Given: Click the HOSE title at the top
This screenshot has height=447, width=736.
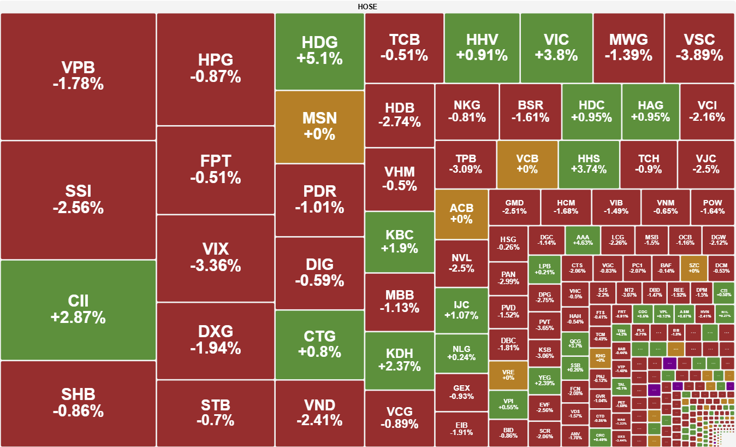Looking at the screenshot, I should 367,7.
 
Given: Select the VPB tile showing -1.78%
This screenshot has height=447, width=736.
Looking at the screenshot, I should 78,76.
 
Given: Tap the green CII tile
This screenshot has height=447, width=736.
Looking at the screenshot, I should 78,309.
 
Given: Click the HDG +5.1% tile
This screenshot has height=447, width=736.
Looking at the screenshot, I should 319,51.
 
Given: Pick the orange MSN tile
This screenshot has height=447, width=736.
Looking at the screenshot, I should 319,126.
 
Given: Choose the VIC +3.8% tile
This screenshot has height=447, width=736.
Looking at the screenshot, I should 556,48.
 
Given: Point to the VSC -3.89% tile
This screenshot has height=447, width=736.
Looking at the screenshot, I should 699,48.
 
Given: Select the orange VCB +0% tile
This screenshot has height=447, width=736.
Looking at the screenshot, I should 527,164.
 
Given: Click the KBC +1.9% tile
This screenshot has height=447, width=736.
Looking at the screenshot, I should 399,242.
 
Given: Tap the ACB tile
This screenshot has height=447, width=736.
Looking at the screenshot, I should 461,214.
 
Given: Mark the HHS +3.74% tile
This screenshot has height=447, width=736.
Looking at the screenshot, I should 589,164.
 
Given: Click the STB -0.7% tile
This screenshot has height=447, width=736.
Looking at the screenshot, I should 215,413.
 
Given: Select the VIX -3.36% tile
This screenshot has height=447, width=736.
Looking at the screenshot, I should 215,257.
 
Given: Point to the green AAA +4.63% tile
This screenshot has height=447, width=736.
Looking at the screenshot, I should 583,239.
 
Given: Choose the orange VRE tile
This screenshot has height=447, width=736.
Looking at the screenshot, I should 508,375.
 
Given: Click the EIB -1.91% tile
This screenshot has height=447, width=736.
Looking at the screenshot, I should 461,429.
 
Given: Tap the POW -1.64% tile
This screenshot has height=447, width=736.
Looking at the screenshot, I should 713,207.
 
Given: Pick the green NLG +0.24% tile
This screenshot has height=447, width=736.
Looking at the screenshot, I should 461,353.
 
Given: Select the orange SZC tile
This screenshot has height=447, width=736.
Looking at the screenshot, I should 694,268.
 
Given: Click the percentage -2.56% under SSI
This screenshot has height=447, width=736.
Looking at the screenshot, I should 78,208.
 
